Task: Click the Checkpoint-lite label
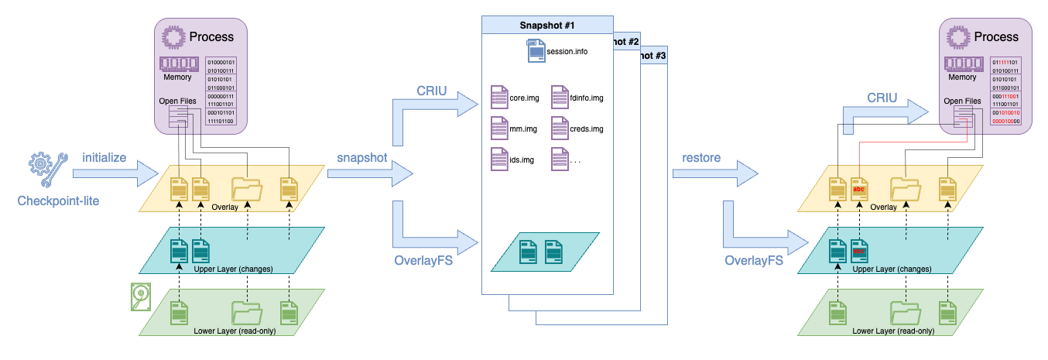[57, 201]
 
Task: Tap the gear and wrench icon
[47, 169]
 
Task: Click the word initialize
[104, 157]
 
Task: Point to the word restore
[701, 157]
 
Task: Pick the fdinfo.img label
[585, 99]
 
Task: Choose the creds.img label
[585, 129]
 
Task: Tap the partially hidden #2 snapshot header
[625, 41]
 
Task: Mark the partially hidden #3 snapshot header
[652, 57]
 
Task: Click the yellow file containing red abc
[858, 189]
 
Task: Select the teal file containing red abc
[858, 251]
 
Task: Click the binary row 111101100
[221, 121]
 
